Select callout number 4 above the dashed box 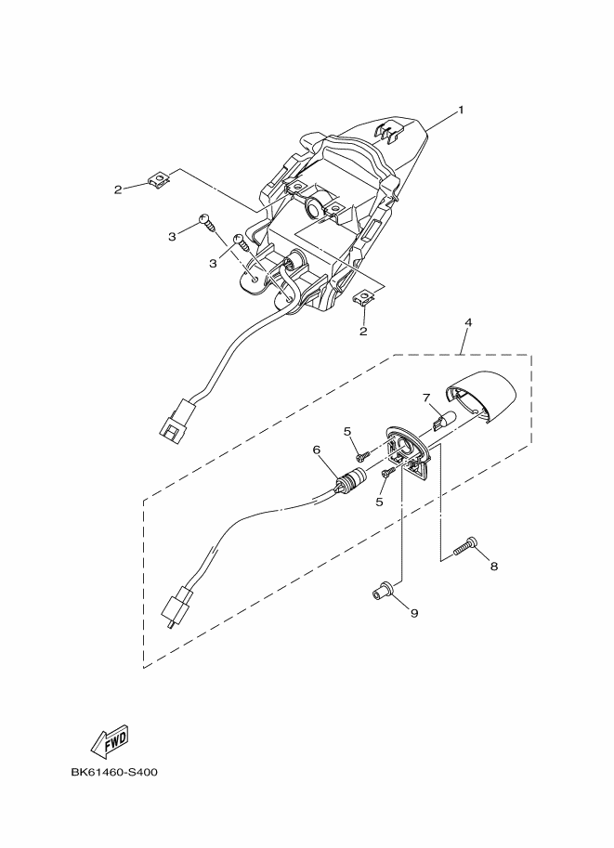(x=467, y=322)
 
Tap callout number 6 (x=317, y=450)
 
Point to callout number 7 (x=426, y=398)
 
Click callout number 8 (x=494, y=566)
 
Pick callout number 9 (x=414, y=613)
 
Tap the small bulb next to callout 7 (x=443, y=422)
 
